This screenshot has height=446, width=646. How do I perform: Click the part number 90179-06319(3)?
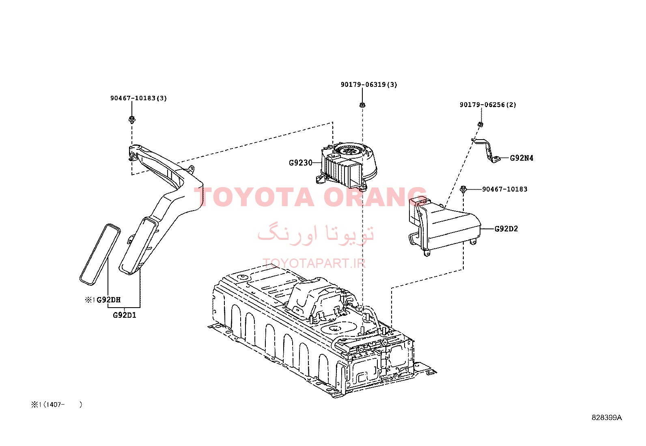tap(369, 84)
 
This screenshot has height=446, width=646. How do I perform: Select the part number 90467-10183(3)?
tap(138, 98)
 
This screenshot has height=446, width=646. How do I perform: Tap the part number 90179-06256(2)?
tap(488, 105)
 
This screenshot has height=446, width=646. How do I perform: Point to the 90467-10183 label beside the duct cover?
tap(505, 189)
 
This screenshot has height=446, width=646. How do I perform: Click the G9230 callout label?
tap(301, 163)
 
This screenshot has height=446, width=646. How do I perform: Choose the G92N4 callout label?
tap(522, 158)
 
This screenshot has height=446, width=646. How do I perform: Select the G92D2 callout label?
tap(506, 229)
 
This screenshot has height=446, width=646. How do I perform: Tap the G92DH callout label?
tap(108, 300)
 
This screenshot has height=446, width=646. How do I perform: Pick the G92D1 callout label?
tap(124, 315)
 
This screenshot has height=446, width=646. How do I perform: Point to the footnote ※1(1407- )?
tap(56, 405)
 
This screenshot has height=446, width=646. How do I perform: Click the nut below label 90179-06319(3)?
tap(362, 105)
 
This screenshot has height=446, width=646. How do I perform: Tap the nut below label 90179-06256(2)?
tap(480, 125)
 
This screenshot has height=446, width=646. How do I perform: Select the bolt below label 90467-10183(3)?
tap(132, 119)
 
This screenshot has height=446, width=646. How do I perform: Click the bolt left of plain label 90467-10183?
tap(463, 189)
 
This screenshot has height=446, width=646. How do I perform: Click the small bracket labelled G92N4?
tap(487, 151)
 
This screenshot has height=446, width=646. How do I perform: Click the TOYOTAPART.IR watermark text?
tap(314, 263)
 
